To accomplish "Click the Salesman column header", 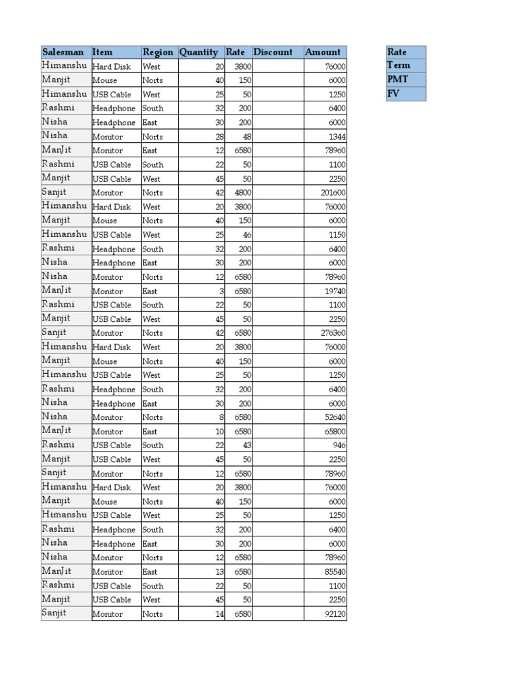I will pos(63,52).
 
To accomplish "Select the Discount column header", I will pos(273,52).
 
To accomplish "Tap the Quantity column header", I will pos(199,52).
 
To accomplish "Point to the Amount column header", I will pos(323,52).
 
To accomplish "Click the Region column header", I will pos(158,52).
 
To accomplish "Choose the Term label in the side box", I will pos(399,65).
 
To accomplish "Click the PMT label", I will pos(398,79).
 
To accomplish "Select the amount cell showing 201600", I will pos(334,193).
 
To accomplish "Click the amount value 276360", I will pos(334,333).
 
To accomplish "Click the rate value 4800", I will pos(243,193).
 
